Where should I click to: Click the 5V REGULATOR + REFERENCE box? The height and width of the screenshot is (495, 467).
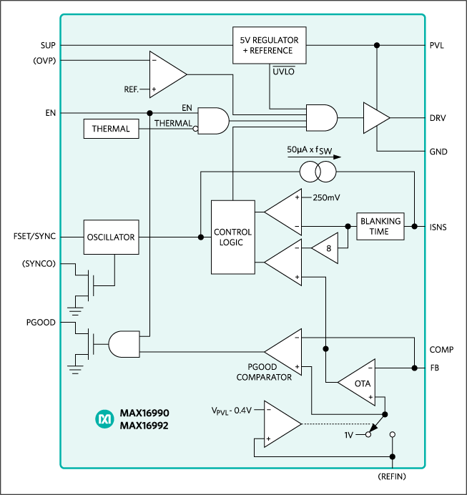pyautogui.click(x=270, y=45)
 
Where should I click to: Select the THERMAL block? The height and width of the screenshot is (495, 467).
pyautogui.click(x=111, y=129)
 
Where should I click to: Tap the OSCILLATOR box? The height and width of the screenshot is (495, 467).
pyautogui.click(x=111, y=237)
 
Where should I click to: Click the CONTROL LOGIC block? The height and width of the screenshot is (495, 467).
pyautogui.click(x=232, y=237)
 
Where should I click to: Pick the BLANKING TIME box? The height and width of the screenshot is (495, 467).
pyautogui.click(x=380, y=227)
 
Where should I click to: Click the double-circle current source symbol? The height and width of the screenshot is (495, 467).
pyautogui.click(x=318, y=172)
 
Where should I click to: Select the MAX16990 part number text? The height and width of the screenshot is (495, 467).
pyautogui.click(x=144, y=413)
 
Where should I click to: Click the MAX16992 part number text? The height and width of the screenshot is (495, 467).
pyautogui.click(x=144, y=426)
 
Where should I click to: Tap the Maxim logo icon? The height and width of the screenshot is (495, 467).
pyautogui.click(x=104, y=420)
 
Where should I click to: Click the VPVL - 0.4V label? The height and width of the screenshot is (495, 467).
pyautogui.click(x=232, y=411)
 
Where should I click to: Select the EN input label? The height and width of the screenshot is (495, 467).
pyautogui.click(x=187, y=108)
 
